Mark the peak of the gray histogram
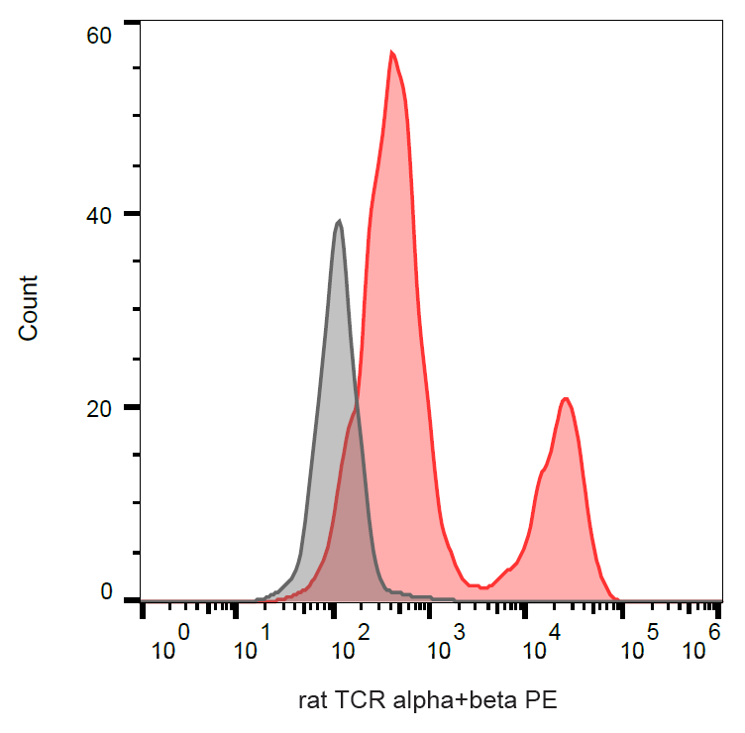tap(339, 221)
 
